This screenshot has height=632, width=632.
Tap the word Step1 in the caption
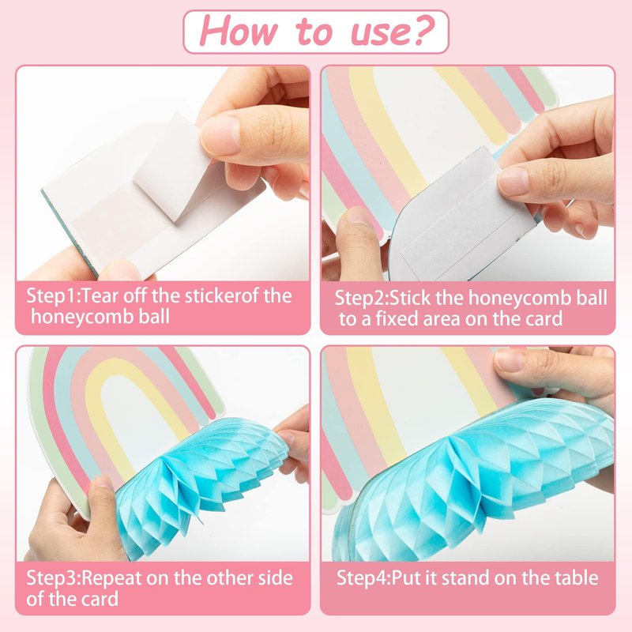51,297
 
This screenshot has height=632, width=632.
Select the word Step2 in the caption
360,299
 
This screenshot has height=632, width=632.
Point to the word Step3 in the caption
51,579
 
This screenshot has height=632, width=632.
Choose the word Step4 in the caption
362,578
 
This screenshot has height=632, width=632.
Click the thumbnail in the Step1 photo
220,135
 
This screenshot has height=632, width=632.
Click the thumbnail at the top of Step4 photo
510,360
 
